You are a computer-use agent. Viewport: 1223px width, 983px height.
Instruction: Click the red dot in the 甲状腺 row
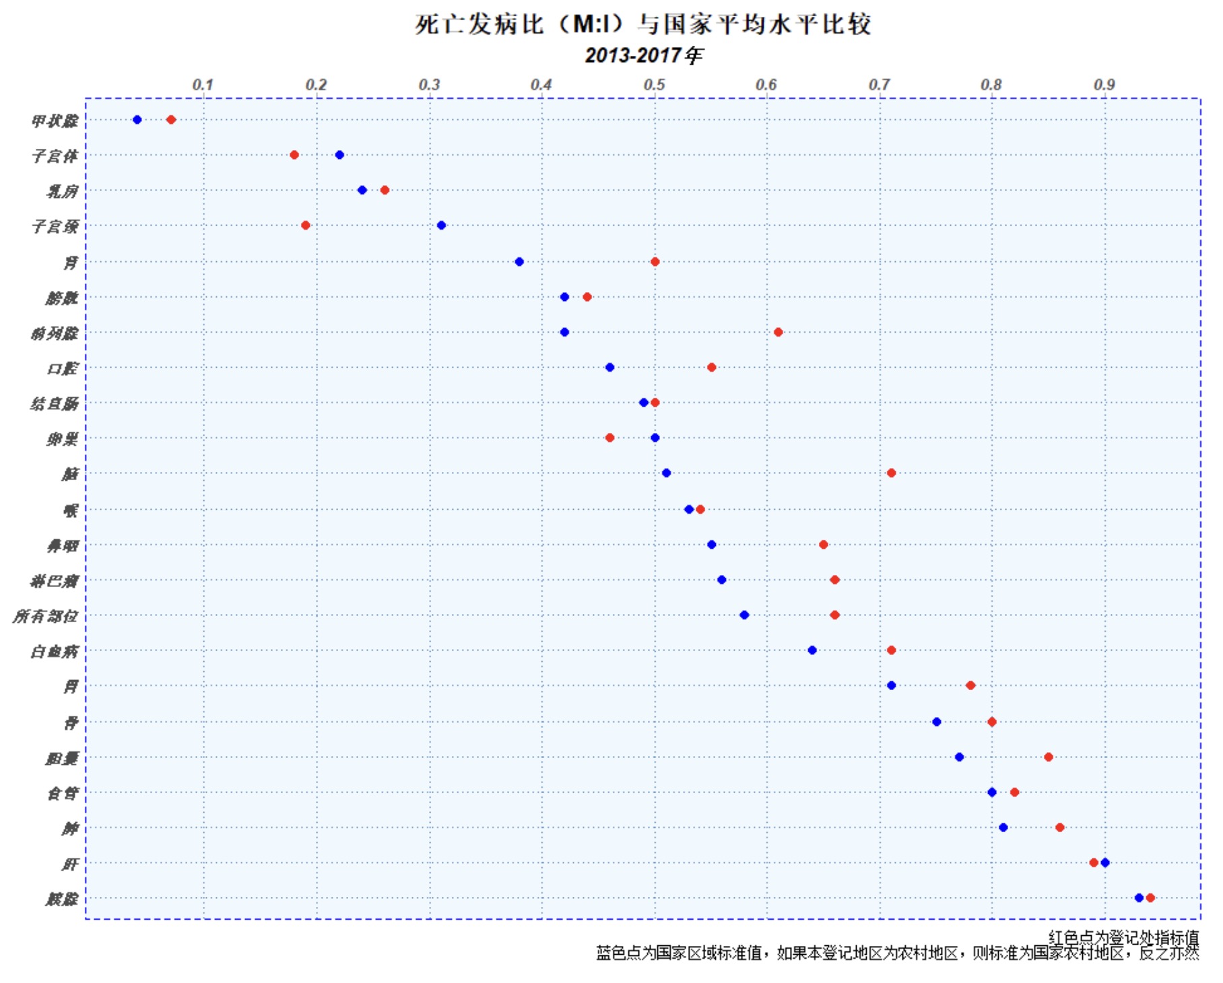click(x=171, y=120)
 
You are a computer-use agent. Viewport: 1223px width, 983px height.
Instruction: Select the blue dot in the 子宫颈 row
click(x=441, y=226)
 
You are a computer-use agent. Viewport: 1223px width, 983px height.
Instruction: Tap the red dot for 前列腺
click(x=778, y=332)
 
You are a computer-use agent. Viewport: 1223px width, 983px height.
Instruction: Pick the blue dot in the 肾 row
click(x=519, y=262)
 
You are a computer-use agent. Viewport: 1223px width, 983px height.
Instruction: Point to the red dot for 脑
click(x=891, y=473)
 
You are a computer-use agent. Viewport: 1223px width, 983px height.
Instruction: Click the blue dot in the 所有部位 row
click(x=744, y=615)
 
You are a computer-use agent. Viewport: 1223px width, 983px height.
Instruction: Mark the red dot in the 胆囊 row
click(x=1049, y=757)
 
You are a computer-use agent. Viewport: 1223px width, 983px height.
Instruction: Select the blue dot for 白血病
click(x=812, y=650)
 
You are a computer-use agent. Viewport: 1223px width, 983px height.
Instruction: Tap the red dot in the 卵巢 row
click(x=609, y=438)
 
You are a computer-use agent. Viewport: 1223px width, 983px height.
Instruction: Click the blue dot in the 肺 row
click(x=1003, y=827)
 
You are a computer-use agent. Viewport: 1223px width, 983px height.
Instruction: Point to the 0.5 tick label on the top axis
click(x=654, y=85)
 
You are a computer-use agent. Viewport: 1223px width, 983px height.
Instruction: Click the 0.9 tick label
click(x=1104, y=85)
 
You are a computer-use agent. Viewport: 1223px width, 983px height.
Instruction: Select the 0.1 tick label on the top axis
click(x=203, y=85)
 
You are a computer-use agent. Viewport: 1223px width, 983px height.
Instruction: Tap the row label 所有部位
click(x=45, y=616)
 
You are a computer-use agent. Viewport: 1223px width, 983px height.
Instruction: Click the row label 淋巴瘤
click(x=54, y=580)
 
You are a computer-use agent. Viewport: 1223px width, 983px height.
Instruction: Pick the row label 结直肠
click(x=54, y=404)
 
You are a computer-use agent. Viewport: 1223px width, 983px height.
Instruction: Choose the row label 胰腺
click(x=61, y=899)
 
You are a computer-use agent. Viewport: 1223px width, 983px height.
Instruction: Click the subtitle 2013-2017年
click(x=643, y=55)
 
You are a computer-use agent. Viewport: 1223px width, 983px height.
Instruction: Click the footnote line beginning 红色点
click(x=1123, y=937)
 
